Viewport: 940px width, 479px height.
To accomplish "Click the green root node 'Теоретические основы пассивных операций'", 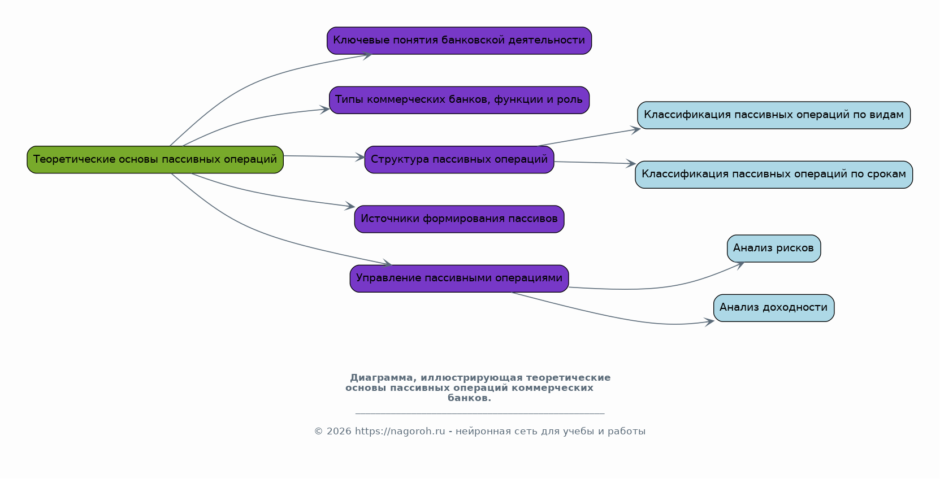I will (155, 159).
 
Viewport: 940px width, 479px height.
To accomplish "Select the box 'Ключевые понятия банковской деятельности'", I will (459, 40).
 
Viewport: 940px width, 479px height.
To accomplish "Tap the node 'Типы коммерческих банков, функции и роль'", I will (459, 100).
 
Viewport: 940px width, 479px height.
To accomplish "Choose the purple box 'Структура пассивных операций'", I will (459, 159).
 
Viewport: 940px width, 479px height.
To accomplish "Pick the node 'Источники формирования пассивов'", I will (459, 219).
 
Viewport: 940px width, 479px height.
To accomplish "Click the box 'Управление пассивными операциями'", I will (459, 278).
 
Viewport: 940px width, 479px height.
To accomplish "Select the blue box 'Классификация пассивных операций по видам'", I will (773, 115).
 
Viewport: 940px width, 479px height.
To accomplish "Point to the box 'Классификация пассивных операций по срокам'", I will (773, 175).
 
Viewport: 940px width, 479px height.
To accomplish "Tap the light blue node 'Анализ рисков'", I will (773, 248).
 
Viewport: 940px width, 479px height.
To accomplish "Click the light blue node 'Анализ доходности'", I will (773, 308).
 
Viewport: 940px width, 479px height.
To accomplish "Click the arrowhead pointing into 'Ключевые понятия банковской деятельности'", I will (367, 55).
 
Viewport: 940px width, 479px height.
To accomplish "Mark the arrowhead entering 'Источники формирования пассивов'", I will (350, 207).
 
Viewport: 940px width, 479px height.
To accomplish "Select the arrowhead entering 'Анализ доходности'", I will (709, 322).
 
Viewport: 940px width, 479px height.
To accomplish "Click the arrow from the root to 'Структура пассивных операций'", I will (322, 156).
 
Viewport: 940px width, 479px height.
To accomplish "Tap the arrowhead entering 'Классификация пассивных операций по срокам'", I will (631, 164).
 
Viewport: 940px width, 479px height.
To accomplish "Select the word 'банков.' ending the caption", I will (469, 398).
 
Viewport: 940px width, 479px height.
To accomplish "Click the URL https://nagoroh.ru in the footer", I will (400, 432).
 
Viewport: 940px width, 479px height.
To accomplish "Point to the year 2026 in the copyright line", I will (338, 432).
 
